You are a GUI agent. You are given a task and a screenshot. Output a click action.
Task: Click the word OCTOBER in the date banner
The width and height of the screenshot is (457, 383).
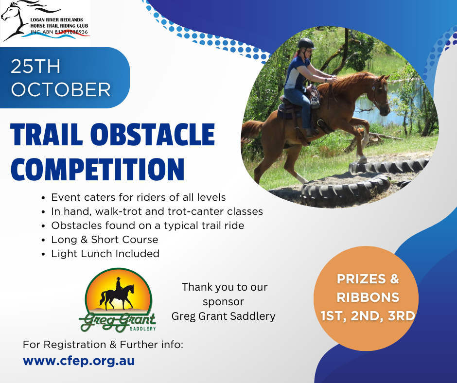click(x=61, y=89)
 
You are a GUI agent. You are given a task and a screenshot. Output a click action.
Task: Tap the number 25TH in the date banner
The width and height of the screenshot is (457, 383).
click(x=35, y=67)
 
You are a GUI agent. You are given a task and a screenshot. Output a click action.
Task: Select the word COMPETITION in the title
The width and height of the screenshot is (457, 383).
click(x=98, y=169)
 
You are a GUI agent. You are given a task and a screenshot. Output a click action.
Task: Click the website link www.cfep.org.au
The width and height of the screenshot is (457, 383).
click(x=79, y=361)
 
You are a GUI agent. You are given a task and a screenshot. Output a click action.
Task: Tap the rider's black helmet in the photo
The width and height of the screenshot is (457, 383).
click(x=306, y=44)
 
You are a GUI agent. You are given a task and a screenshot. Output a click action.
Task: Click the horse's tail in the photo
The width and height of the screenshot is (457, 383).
click(x=251, y=131)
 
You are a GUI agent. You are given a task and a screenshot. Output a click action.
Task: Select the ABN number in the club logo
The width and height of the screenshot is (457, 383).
click(x=71, y=32)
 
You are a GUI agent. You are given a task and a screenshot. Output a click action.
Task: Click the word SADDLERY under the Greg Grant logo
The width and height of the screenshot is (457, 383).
click(x=142, y=329)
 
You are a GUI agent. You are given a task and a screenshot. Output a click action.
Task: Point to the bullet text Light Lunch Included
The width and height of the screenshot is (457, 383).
click(x=105, y=254)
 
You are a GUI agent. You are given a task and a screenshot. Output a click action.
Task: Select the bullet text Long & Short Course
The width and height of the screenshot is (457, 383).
click(x=105, y=240)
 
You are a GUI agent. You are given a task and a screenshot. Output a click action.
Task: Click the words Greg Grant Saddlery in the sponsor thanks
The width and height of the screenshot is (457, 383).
click(x=223, y=316)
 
